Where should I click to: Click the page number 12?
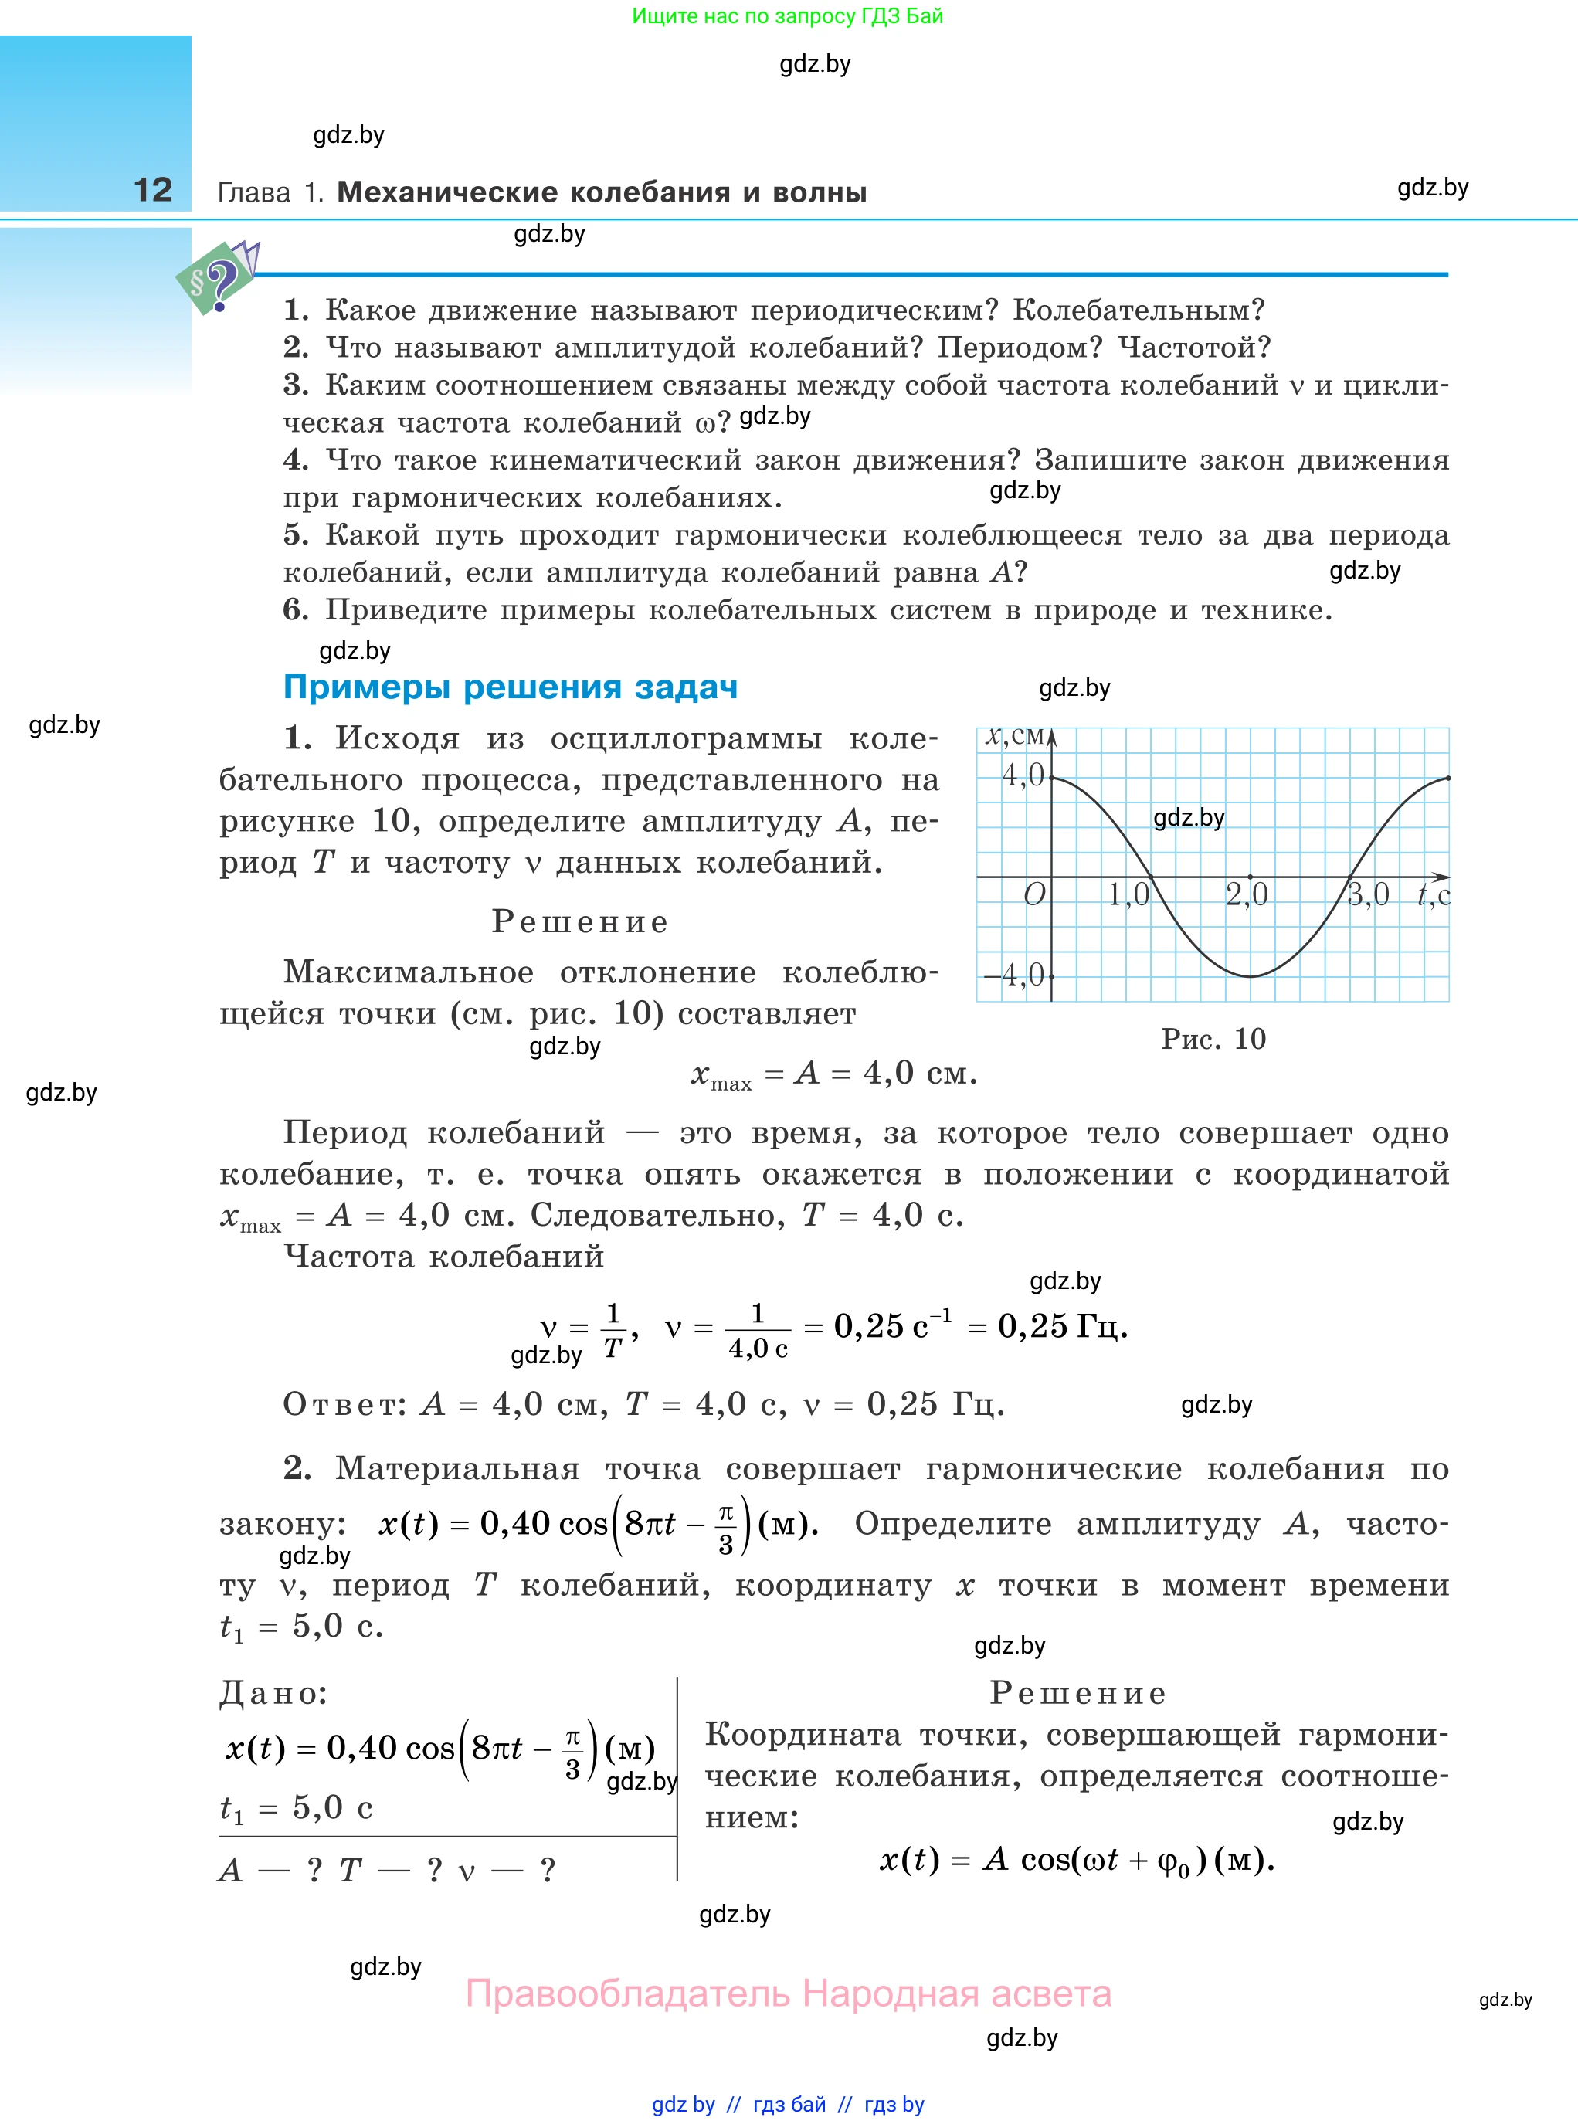(153, 190)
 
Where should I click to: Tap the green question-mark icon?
(218, 280)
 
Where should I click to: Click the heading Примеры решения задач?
(510, 687)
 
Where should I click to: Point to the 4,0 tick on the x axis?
(1023, 775)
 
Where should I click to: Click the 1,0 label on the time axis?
(1129, 895)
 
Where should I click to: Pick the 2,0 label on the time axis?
(1247, 895)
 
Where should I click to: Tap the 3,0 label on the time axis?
(1368, 895)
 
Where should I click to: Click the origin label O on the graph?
(1034, 895)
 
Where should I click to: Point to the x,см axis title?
(1014, 736)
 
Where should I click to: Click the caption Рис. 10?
(1213, 1039)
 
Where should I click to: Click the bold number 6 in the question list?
(295, 609)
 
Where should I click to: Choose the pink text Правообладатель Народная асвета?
(788, 1993)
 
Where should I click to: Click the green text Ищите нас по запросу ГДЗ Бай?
(787, 16)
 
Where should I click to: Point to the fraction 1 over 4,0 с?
(758, 1330)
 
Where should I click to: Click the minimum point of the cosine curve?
(1251, 976)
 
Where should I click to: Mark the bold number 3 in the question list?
(295, 385)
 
